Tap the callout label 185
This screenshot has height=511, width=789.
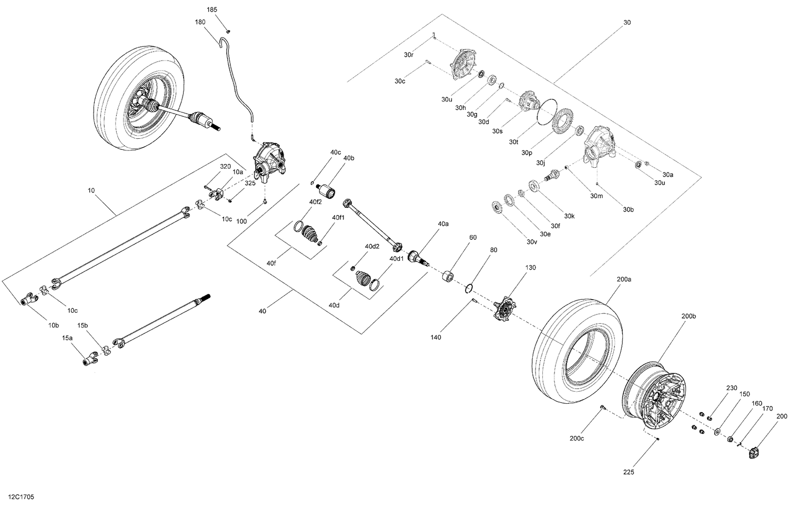point(211,10)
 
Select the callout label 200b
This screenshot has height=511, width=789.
point(688,316)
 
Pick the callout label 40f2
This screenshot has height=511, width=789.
point(315,202)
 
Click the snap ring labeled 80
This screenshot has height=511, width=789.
point(470,289)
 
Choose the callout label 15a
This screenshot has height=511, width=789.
point(67,340)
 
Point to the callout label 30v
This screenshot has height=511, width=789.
point(532,242)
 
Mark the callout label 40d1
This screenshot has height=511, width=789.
point(396,258)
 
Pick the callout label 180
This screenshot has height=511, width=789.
point(200,22)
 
